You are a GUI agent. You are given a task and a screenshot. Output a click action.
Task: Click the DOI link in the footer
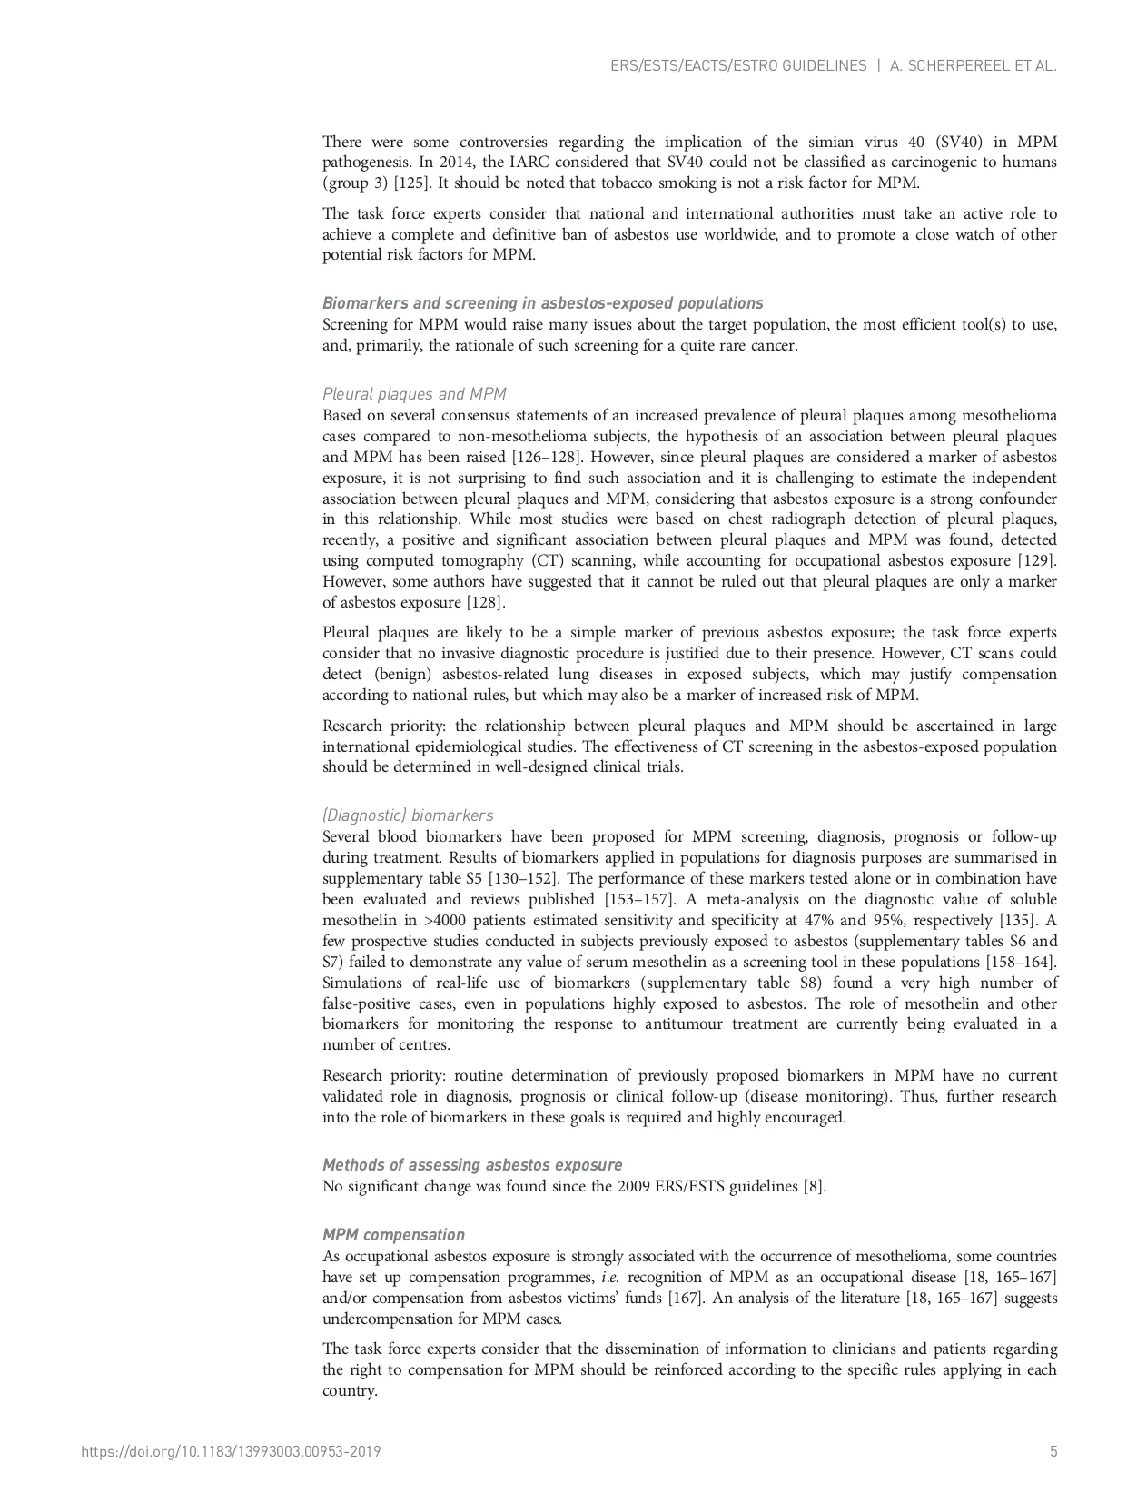pos(231,1451)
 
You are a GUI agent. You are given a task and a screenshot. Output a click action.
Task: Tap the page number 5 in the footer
pos(1053,1451)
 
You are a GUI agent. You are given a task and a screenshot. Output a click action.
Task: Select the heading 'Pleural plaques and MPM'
pos(414,394)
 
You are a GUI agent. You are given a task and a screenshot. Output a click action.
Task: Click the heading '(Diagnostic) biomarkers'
pos(408,815)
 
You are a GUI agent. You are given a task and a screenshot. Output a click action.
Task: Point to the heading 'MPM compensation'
pos(393,1235)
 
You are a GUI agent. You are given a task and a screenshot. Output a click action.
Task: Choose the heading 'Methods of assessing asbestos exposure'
pos(472,1165)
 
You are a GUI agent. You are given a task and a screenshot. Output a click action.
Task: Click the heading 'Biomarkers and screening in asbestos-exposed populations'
pos(542,303)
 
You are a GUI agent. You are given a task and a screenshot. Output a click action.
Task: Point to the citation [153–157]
pos(639,900)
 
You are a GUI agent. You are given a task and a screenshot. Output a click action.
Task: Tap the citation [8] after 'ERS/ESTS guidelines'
pos(814,1186)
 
